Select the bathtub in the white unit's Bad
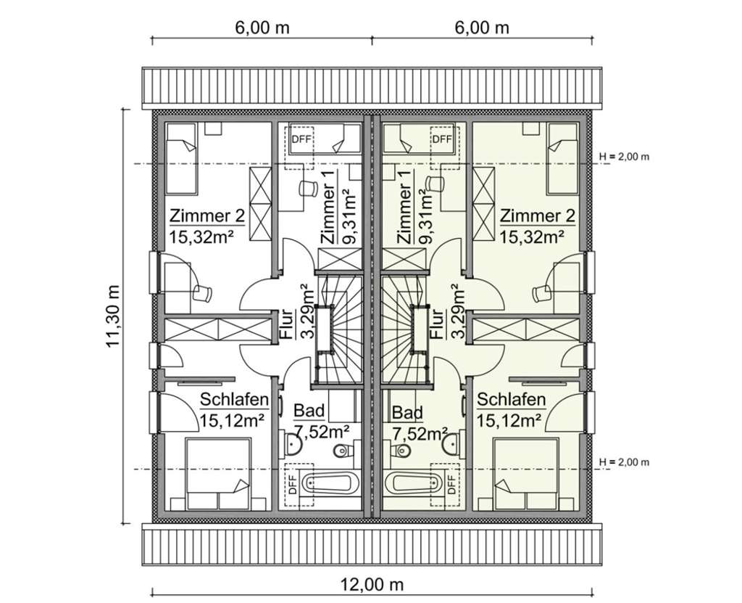coord(328,483)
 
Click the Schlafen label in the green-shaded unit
coord(512,400)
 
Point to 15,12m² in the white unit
coord(231,419)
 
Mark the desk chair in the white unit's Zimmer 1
coord(307,188)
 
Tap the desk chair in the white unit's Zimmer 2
coord(203,293)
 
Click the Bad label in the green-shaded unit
coord(407,413)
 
